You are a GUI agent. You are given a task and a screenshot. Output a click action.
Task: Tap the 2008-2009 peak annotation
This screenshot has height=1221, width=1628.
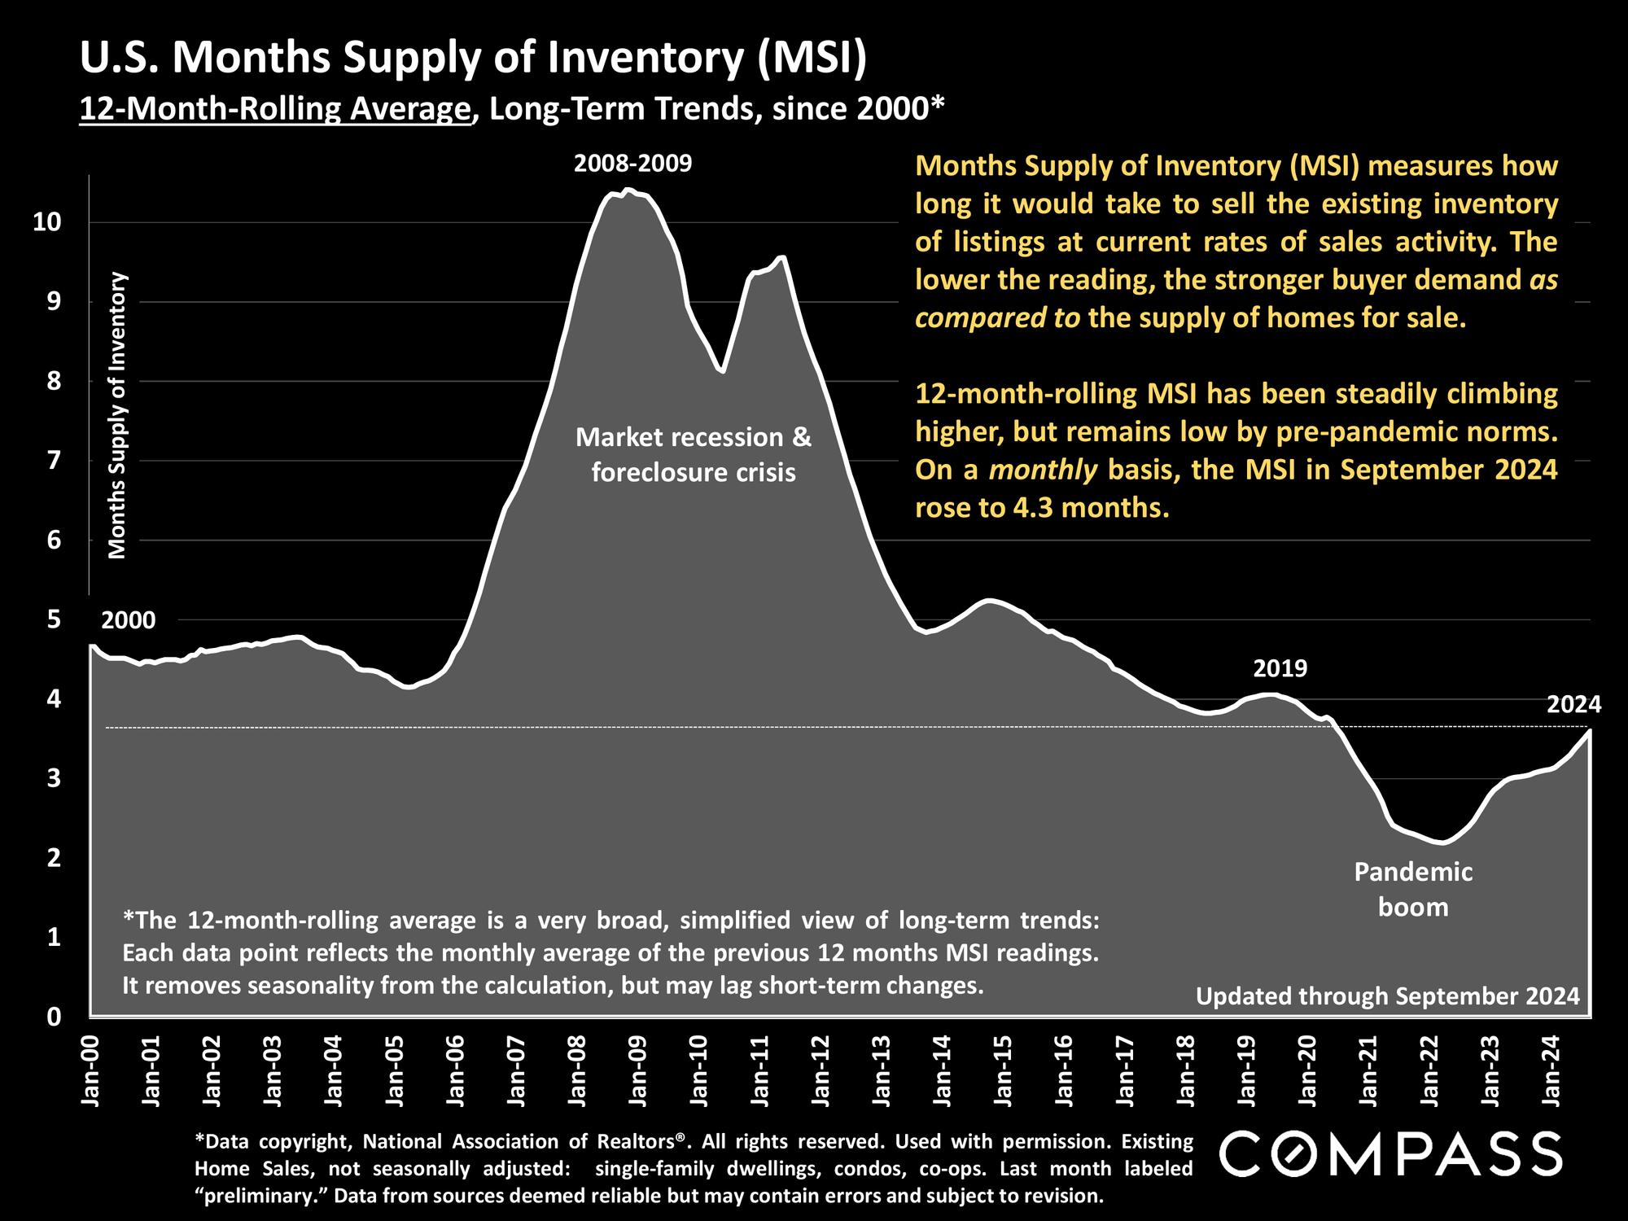pos(632,164)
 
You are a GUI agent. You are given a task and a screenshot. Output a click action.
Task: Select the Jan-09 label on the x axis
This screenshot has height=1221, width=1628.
pos(637,1070)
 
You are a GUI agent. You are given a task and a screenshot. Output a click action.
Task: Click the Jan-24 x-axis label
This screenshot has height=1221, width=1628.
pos(1552,1070)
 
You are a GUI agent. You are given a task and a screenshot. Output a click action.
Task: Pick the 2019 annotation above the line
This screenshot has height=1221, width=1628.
pos(1280,668)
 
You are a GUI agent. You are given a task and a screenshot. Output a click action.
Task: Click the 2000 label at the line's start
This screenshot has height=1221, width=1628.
pos(129,620)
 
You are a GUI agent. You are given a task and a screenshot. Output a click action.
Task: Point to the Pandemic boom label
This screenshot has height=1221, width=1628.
pos(1413,890)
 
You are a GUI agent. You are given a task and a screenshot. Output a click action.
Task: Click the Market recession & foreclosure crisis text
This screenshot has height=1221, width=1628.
pos(694,454)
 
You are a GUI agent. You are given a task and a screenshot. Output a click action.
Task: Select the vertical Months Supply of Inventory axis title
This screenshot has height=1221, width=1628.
pos(118,415)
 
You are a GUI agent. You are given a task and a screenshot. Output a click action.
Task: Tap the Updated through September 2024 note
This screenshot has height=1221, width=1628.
pos(1387,996)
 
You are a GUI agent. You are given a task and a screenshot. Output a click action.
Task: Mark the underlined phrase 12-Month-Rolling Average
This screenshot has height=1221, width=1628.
pos(275,108)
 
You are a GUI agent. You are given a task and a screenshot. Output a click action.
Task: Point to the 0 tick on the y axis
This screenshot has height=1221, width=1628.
pos(55,1017)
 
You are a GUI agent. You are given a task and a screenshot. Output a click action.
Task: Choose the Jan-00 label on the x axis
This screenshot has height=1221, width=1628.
pos(90,1070)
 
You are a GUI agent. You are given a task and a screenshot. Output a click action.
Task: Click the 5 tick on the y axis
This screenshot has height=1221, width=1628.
pos(55,619)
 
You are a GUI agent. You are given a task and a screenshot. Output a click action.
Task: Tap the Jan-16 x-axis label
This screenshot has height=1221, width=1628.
pos(1064,1070)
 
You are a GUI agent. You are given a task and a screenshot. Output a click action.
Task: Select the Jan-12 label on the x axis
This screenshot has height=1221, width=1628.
pos(821,1070)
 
